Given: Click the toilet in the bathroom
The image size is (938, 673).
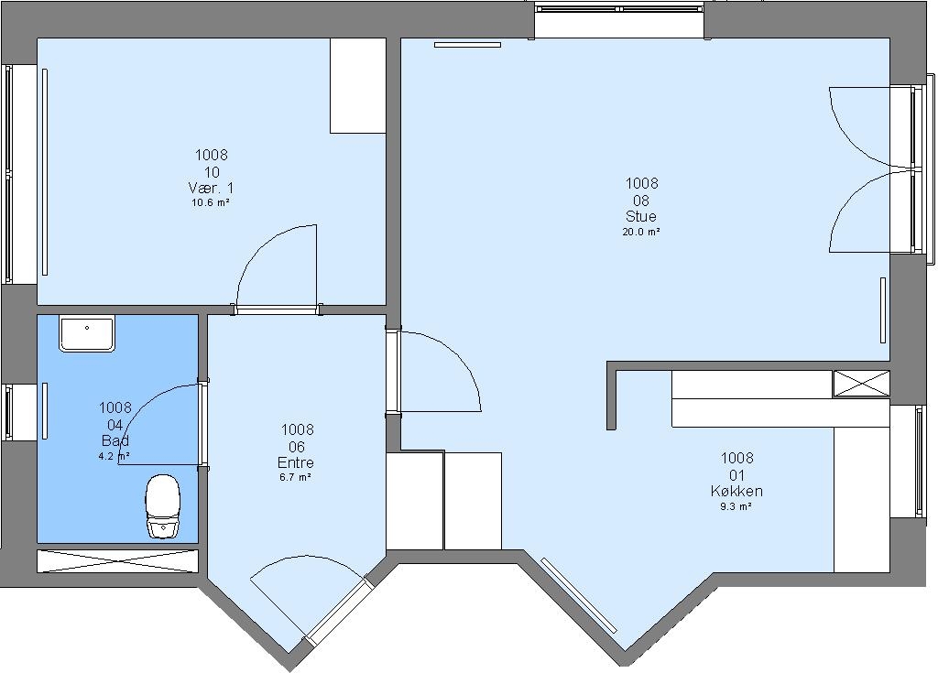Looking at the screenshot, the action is pyautogui.click(x=163, y=506).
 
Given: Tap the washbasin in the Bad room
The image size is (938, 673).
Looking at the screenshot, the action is pyautogui.click(x=87, y=334).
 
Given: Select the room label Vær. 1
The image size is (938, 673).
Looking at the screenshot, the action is pyautogui.click(x=212, y=189).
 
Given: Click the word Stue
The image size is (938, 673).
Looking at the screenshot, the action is pyautogui.click(x=640, y=216).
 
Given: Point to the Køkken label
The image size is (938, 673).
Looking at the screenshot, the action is pyautogui.click(x=736, y=491).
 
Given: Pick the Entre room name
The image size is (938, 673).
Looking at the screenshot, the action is pyautogui.click(x=296, y=462).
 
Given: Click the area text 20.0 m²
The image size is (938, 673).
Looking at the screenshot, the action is pyautogui.click(x=640, y=232).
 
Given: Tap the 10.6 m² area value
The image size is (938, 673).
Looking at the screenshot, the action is pyautogui.click(x=212, y=202).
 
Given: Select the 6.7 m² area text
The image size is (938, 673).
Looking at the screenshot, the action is pyautogui.click(x=296, y=477).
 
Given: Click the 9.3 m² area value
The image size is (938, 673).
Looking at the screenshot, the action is pyautogui.click(x=736, y=506).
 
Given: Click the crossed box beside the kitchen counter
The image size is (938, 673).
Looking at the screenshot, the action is pyautogui.click(x=861, y=384).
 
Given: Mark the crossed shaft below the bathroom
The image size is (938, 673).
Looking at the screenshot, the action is pyautogui.click(x=117, y=561).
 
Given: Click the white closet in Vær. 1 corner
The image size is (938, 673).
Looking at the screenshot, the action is pyautogui.click(x=358, y=85).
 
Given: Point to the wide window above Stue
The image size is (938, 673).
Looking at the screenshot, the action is pyautogui.click(x=619, y=9).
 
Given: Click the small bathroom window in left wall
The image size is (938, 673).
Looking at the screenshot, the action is pyautogui.click(x=7, y=413).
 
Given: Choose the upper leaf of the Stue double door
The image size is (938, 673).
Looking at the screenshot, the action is pyautogui.click(x=861, y=127).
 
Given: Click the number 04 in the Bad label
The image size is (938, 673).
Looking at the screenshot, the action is pyautogui.click(x=115, y=425).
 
